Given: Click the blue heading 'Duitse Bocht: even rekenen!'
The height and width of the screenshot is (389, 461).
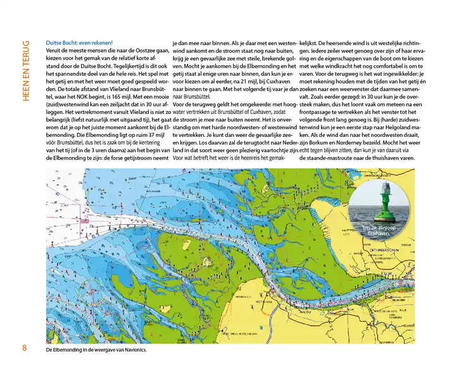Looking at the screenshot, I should [79, 42].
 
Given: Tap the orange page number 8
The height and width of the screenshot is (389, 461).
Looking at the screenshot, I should [24, 348].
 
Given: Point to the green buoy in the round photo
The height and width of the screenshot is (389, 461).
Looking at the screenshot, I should [386, 205].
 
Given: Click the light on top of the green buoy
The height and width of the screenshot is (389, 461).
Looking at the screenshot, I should [386, 185].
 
